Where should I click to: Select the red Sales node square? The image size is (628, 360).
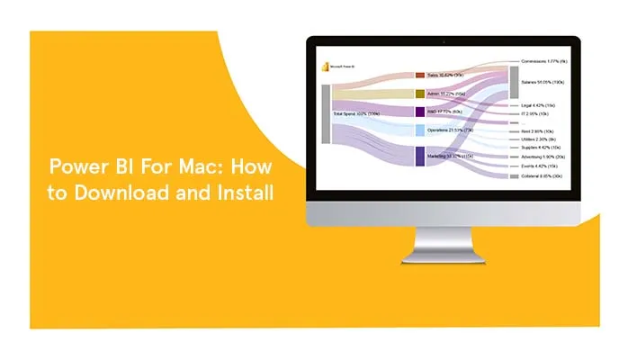[x=419, y=76]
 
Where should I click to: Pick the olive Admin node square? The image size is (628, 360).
[x=419, y=94]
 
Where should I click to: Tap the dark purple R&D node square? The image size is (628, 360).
[x=419, y=112]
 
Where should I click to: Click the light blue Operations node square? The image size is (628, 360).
[x=419, y=130]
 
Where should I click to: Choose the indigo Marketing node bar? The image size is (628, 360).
[x=419, y=156]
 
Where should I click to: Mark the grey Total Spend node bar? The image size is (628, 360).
[x=326, y=114]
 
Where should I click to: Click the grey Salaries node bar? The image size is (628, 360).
[x=515, y=82]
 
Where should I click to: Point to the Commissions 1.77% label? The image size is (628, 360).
[x=545, y=61]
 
